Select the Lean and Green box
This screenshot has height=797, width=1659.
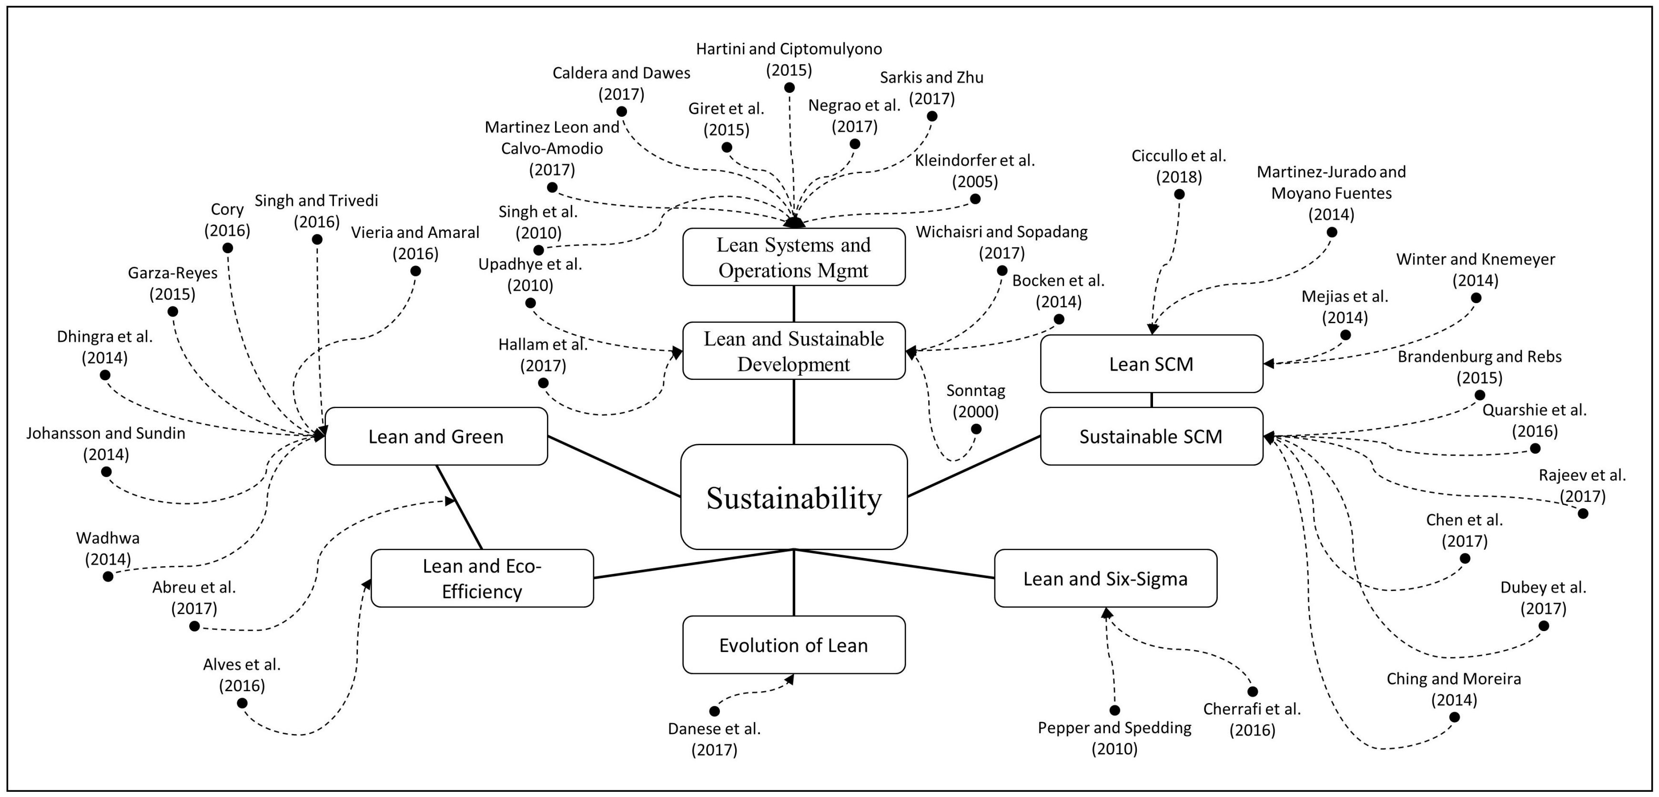click(436, 436)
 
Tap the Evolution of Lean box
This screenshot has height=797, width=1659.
click(793, 645)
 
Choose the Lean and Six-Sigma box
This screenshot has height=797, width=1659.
click(1105, 579)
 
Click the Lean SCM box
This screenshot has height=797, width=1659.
click(1151, 364)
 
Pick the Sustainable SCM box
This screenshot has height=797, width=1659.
click(1151, 436)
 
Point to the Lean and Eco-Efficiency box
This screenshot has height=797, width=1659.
click(482, 579)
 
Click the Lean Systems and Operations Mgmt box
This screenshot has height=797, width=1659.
click(793, 257)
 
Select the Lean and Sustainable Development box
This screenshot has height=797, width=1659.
click(793, 351)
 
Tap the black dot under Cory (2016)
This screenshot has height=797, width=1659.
click(227, 248)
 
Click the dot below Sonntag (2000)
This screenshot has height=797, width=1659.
click(976, 429)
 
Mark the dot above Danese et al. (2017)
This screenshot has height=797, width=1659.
click(714, 711)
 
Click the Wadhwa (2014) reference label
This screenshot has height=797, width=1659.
click(108, 548)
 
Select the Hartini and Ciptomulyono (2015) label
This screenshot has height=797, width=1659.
click(789, 59)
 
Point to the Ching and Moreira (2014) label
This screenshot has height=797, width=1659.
click(1454, 689)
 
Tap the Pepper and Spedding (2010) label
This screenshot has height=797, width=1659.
click(1114, 738)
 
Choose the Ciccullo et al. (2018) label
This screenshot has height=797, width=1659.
click(1179, 166)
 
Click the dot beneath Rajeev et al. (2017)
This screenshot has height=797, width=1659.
click(1582, 513)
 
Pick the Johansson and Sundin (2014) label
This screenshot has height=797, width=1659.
click(106, 443)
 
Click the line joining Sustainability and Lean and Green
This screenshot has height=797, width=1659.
click(614, 467)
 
